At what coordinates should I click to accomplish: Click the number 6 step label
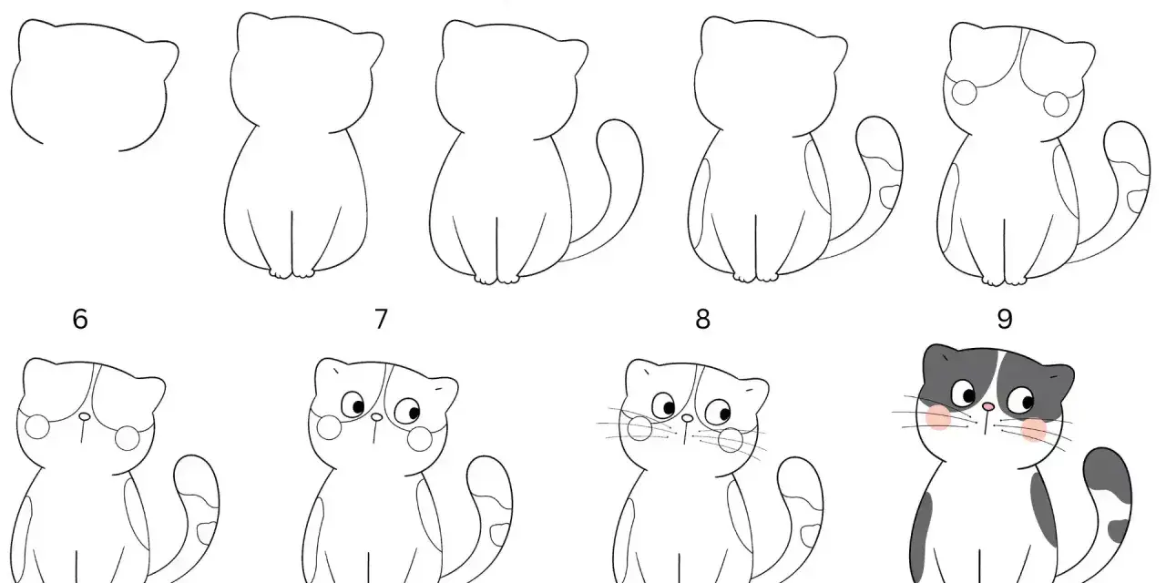tap(79, 319)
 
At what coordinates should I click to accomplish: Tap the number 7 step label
tap(381, 319)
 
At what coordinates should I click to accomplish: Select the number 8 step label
tap(702, 319)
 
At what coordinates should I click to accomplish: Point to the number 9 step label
tap(1005, 319)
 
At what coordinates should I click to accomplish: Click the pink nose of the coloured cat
tap(988, 407)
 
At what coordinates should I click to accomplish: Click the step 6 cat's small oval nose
tap(85, 417)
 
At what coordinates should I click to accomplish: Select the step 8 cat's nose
tap(687, 417)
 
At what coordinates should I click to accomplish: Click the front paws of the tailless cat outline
tap(292, 273)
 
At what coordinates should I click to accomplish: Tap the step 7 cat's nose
tap(376, 417)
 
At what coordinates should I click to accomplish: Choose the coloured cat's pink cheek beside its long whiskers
tap(938, 417)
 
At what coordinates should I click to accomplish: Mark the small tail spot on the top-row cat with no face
tap(890, 195)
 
